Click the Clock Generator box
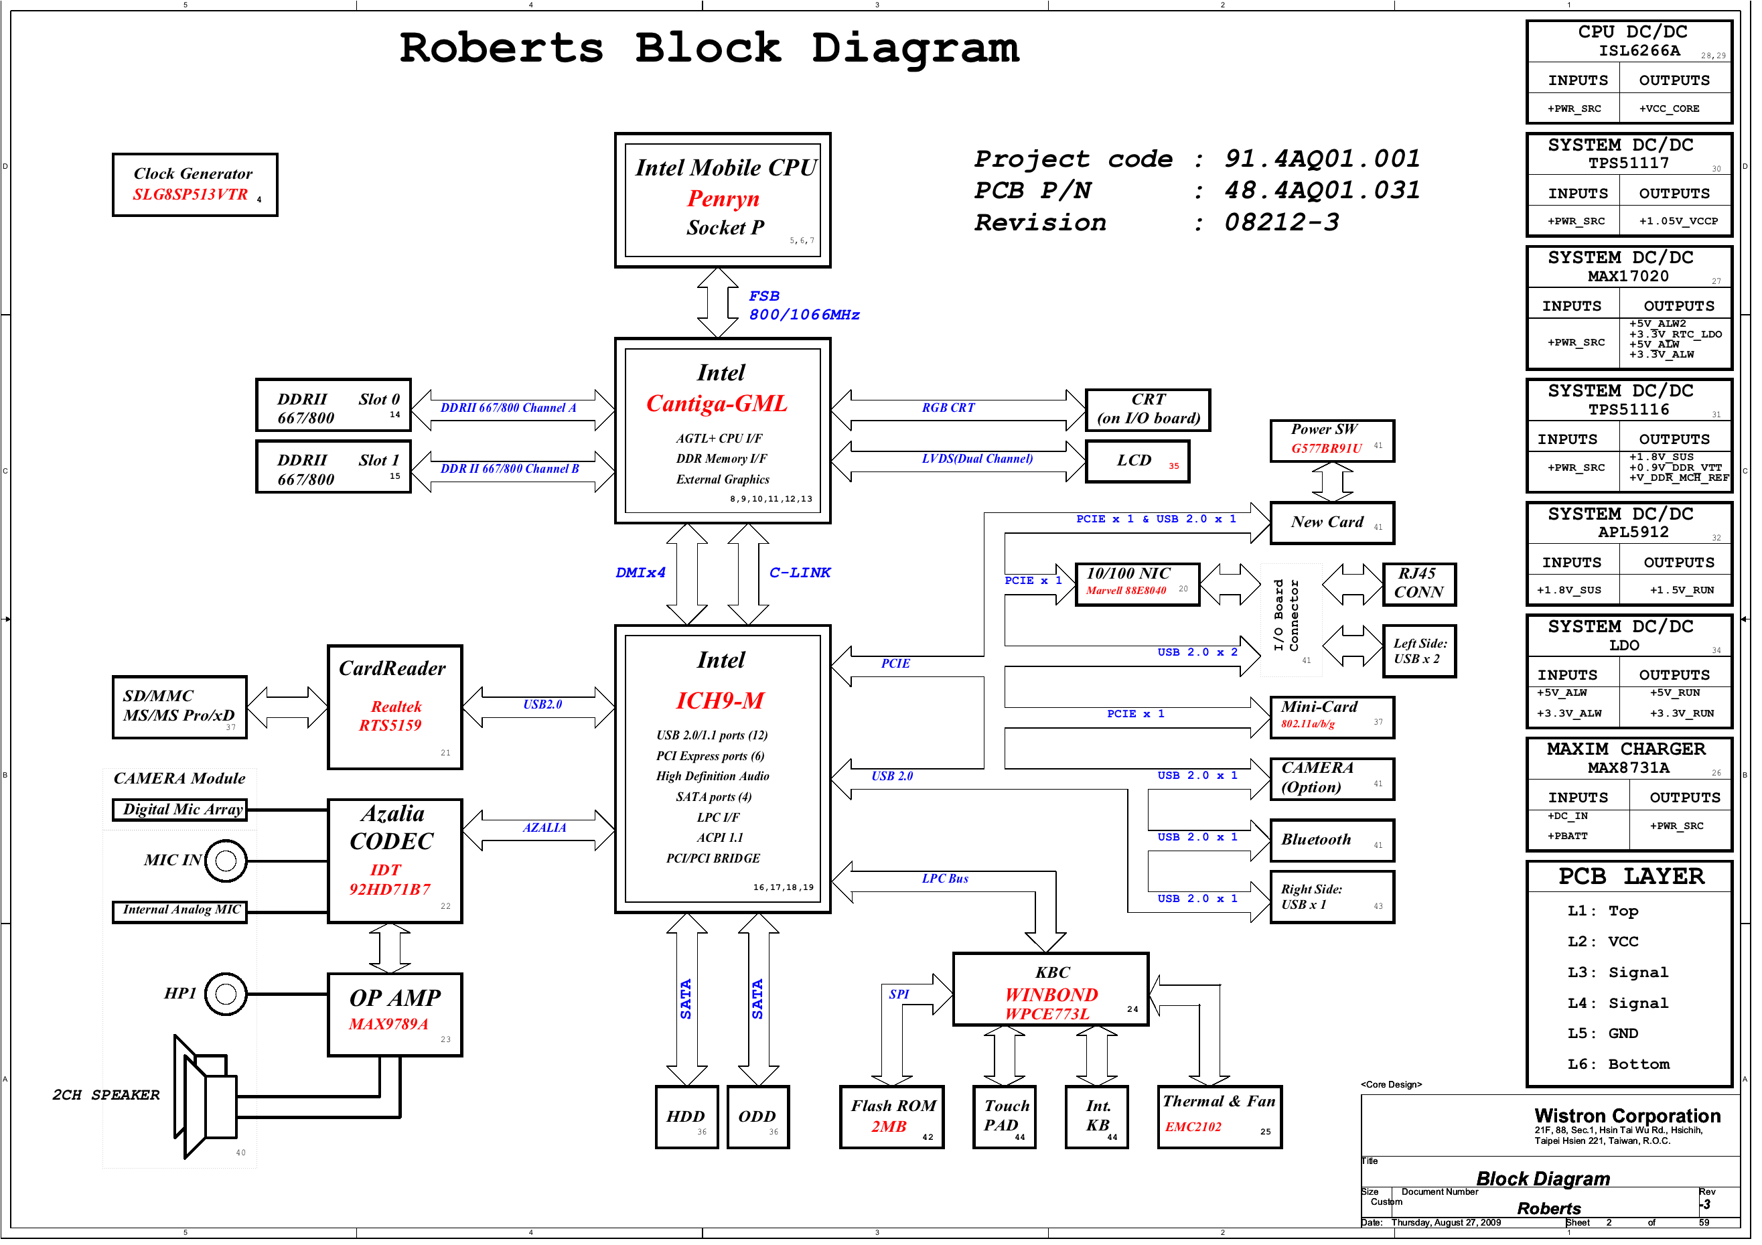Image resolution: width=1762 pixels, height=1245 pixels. pyautogui.click(x=195, y=185)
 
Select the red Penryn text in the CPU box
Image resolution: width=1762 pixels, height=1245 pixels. pyautogui.click(x=723, y=199)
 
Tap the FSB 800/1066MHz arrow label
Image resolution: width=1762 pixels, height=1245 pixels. pyautogui.click(x=803, y=305)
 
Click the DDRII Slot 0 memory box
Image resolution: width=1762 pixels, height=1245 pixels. pyautogui.click(x=334, y=406)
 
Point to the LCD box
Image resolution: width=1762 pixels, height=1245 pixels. pyautogui.click(x=1137, y=462)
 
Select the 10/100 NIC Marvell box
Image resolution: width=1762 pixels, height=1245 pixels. pyautogui.click(x=1136, y=585)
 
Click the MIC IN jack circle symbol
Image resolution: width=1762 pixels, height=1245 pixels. pyautogui.click(x=226, y=862)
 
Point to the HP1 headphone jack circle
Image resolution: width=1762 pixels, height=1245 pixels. pyautogui.click(x=226, y=996)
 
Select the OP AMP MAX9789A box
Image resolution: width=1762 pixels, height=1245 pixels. pyautogui.click(x=394, y=1015)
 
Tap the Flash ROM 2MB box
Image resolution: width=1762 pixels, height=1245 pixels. pyautogui.click(x=892, y=1118)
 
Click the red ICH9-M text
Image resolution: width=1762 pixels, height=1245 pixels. pyautogui.click(x=720, y=702)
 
